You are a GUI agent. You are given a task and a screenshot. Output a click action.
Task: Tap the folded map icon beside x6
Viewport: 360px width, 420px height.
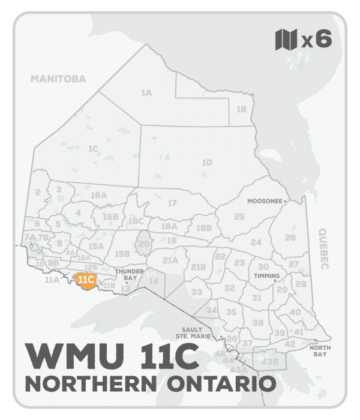[x=286, y=40]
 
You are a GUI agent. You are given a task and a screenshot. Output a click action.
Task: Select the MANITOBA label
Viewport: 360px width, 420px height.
[x=58, y=79]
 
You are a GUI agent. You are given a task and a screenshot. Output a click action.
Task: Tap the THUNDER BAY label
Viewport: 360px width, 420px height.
[x=129, y=275]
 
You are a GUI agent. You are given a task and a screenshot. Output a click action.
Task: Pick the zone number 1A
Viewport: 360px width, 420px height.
[x=146, y=93]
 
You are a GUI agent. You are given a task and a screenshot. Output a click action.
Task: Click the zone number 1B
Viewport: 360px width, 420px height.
[x=241, y=109]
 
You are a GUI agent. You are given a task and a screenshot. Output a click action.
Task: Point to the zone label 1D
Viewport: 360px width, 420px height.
[x=207, y=163]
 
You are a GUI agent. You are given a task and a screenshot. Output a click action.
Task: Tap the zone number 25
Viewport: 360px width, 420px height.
[x=239, y=217]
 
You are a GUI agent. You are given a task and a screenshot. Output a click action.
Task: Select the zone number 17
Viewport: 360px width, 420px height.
[x=172, y=203]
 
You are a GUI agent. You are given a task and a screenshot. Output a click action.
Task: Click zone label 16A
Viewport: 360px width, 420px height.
[x=98, y=196]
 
